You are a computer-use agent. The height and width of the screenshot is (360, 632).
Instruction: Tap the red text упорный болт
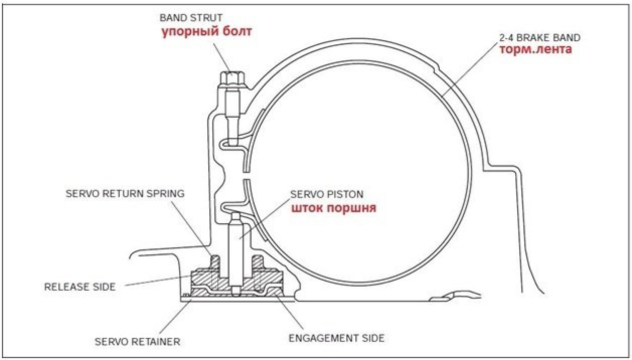tap(206, 32)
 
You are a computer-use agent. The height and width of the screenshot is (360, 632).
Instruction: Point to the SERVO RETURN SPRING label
tap(125, 194)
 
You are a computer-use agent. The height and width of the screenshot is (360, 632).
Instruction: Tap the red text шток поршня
tap(334, 208)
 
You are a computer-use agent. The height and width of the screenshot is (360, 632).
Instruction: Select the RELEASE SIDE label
tap(80, 287)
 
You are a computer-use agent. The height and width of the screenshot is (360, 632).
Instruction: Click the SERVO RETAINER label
tap(137, 342)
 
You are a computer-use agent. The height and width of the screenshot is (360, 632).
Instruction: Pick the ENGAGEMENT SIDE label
tap(337, 338)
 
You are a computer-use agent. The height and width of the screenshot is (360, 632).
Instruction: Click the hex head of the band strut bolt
tap(232, 79)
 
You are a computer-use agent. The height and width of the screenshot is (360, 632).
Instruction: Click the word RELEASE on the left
tap(67, 287)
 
